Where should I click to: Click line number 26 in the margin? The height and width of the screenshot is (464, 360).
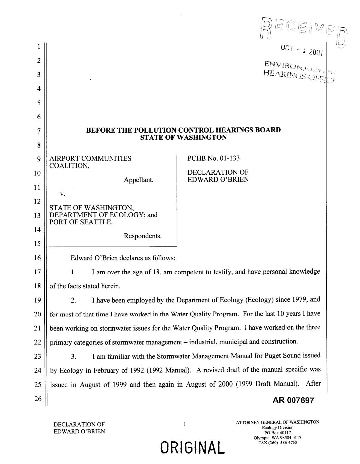click(38, 399)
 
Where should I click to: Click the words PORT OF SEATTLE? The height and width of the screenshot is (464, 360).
click(81, 222)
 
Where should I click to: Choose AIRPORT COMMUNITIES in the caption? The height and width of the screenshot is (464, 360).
click(90, 158)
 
